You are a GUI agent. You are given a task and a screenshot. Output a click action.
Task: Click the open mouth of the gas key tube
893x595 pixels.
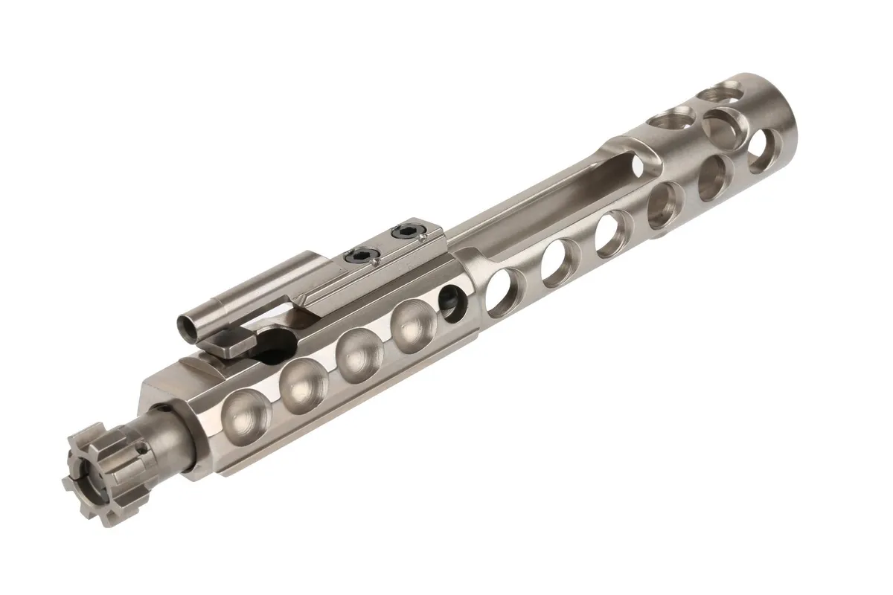(x=190, y=325)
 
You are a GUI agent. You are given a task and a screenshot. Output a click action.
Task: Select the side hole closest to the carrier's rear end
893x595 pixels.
(x=761, y=150)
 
